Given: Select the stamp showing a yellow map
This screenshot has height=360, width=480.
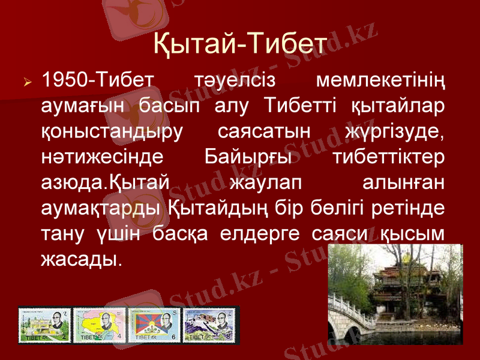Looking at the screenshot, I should (98, 326).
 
